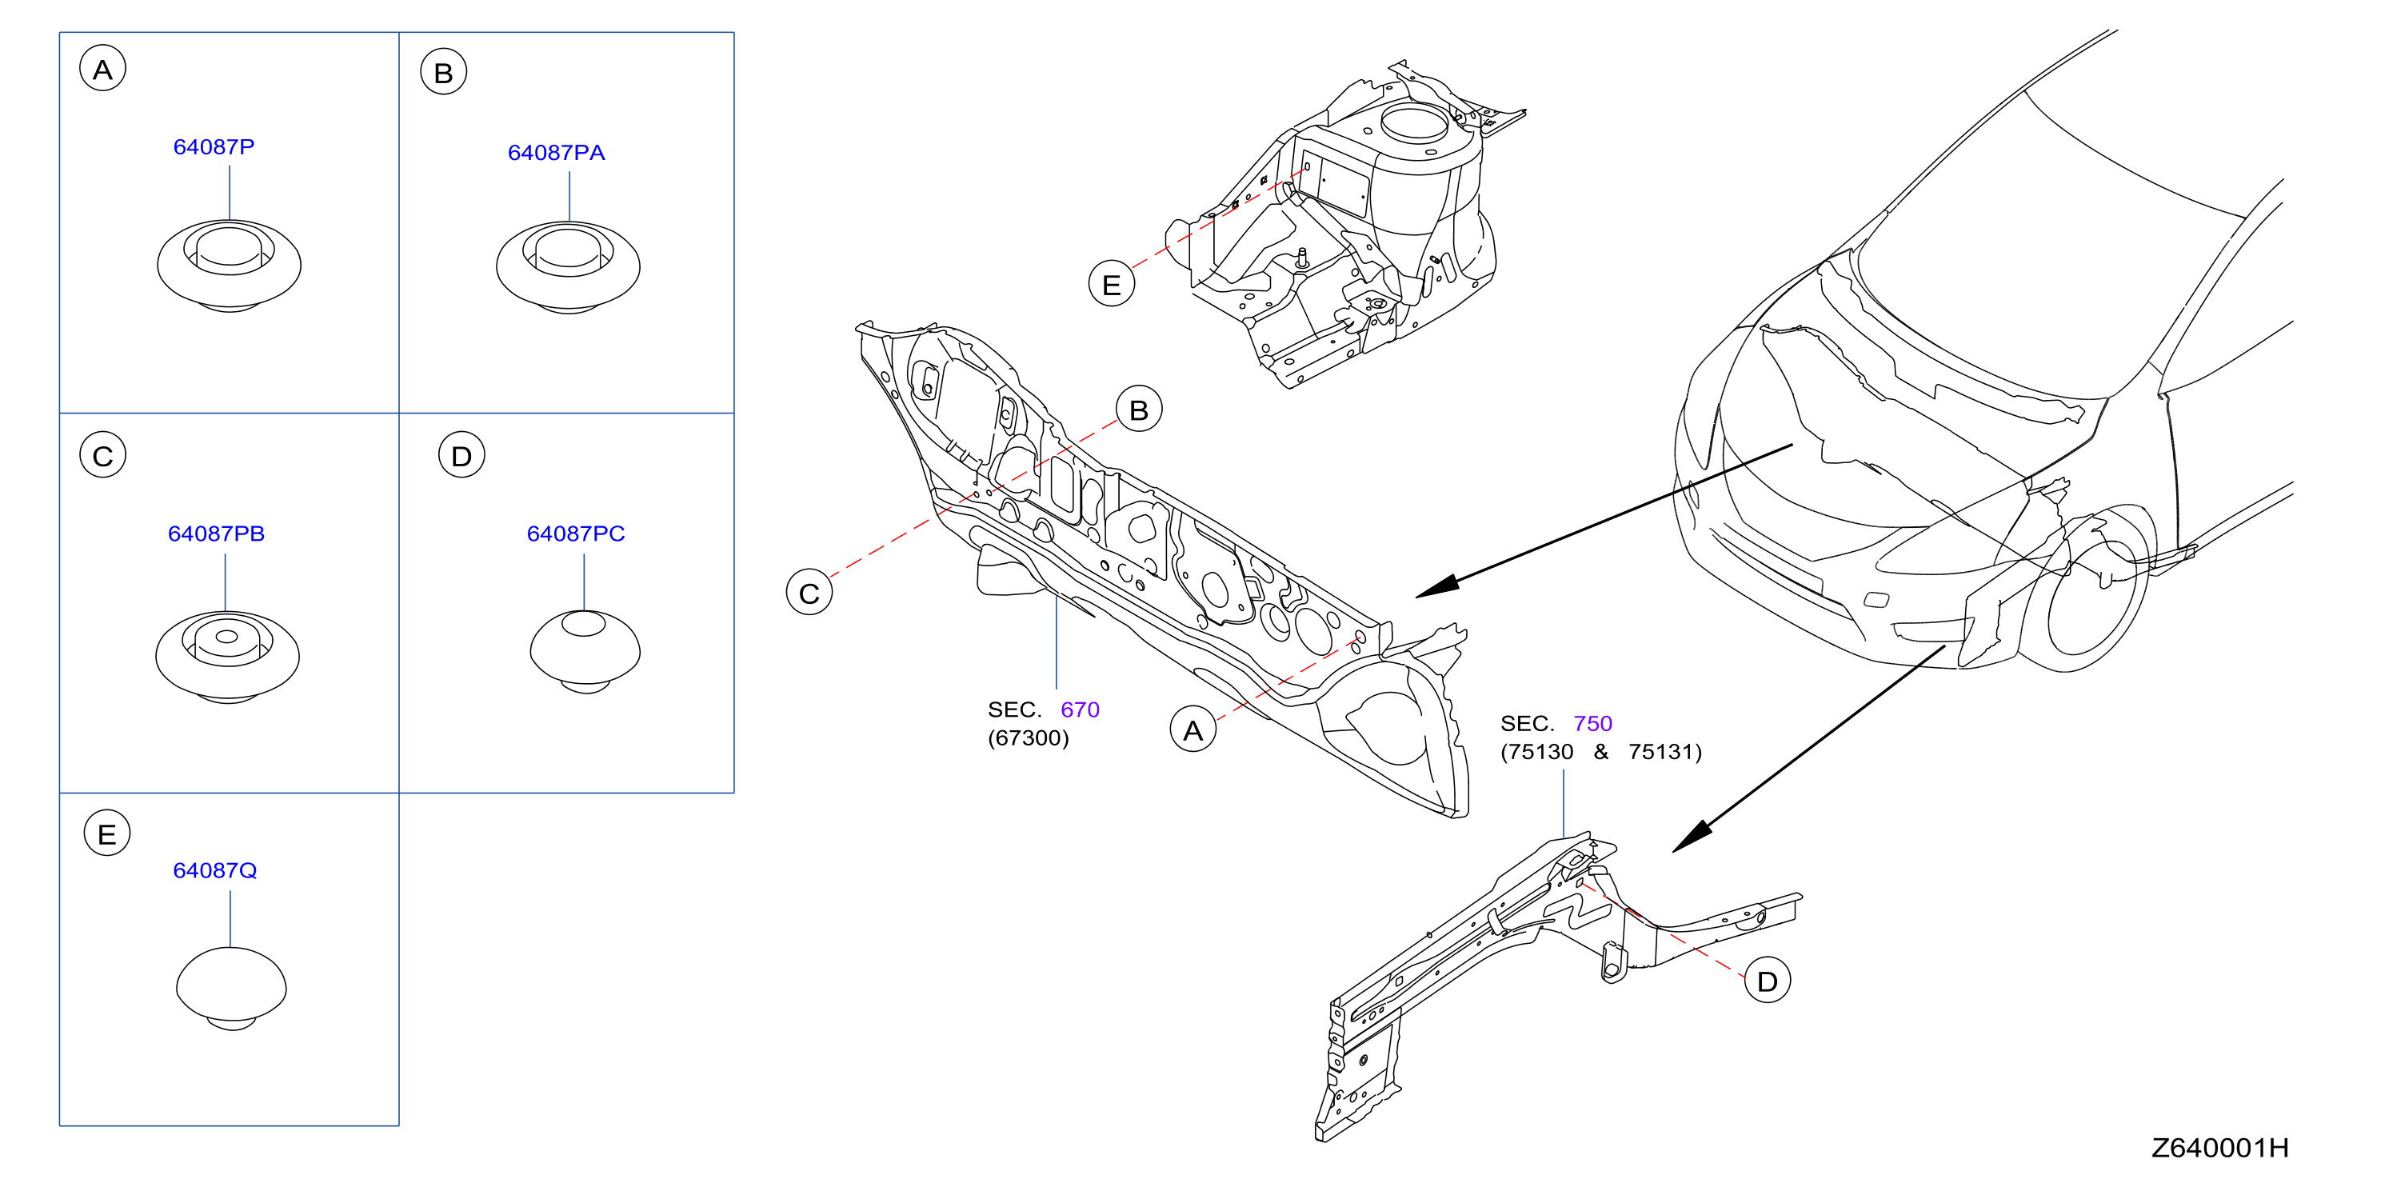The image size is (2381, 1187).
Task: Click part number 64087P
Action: coord(214,147)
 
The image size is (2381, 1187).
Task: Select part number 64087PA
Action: coord(557,153)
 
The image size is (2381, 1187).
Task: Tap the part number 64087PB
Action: coord(216,534)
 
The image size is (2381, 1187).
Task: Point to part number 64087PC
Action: coord(576,534)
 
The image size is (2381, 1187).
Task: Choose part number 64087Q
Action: coord(215,870)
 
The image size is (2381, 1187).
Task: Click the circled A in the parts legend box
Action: coord(102,69)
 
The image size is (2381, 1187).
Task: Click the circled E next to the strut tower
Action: coord(1112,284)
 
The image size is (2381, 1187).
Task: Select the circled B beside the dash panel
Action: coord(1139,410)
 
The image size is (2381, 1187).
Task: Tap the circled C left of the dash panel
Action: coord(809,593)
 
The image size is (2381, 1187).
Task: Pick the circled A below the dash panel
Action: coord(1193,729)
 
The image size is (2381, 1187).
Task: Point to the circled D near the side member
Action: coord(1768,981)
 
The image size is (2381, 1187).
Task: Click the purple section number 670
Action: coord(1080,709)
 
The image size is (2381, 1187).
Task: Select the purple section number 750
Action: coord(1592,723)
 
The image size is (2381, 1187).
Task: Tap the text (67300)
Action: coord(1028,737)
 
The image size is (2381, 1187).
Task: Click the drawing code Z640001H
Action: coord(2220,1147)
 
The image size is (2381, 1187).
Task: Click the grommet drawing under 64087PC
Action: coord(585,652)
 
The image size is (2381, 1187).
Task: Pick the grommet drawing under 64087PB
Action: coord(227,657)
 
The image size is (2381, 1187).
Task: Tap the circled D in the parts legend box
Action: coord(461,455)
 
